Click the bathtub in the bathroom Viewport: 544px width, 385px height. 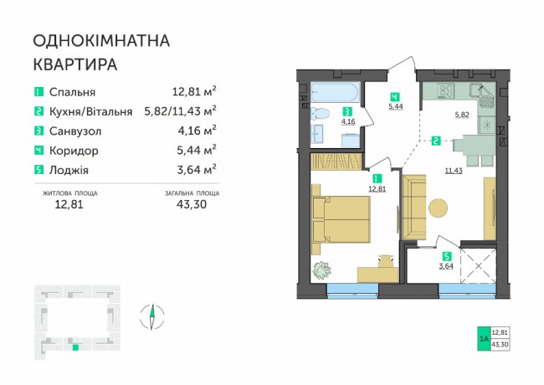click(x=335, y=92)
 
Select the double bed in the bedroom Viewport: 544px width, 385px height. click(x=341, y=219)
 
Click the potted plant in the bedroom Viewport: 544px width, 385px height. click(x=321, y=269)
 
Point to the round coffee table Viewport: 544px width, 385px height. click(x=439, y=208)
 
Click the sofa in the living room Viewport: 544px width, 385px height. click(x=413, y=207)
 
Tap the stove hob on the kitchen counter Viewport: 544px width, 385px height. click(x=446, y=90)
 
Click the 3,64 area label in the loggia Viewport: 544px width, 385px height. click(x=446, y=267)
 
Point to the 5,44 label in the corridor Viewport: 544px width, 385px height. click(x=396, y=106)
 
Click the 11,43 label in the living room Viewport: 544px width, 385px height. click(x=454, y=170)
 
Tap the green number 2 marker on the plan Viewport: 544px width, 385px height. click(x=436, y=141)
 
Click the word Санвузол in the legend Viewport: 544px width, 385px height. click(x=75, y=131)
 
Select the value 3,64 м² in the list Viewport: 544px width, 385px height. click(x=197, y=169)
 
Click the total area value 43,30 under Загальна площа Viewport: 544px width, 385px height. click(x=192, y=204)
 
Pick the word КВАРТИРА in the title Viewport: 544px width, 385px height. click(x=75, y=64)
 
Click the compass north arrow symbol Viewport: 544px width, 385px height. click(x=152, y=316)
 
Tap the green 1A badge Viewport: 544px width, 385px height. click(x=484, y=338)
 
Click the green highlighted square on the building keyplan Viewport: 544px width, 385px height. click(x=75, y=347)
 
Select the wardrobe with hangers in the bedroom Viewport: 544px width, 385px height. click(x=336, y=161)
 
